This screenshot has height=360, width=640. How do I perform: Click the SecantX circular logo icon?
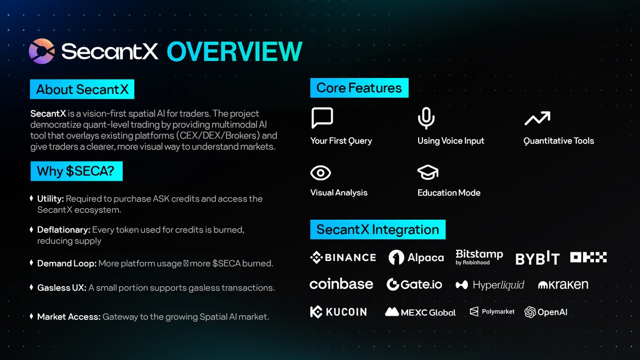pyautogui.click(x=42, y=52)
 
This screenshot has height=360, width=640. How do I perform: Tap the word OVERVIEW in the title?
pyautogui.click(x=235, y=52)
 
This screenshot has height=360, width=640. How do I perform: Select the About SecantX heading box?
pyautogui.click(x=82, y=89)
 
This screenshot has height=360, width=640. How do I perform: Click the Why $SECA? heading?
pyautogui.click(x=76, y=171)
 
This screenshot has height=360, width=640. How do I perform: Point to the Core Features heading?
pyautogui.click(x=359, y=88)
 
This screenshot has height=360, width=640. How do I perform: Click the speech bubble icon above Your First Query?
pyautogui.click(x=322, y=118)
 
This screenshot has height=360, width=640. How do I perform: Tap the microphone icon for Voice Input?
pyautogui.click(x=425, y=118)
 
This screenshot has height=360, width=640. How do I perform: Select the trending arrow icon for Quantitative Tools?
pyautogui.click(x=537, y=118)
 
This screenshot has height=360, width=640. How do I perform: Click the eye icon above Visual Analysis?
pyautogui.click(x=321, y=172)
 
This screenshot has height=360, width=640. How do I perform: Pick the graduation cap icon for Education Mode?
pyautogui.click(x=427, y=172)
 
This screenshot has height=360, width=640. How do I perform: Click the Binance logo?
pyautogui.click(x=343, y=258)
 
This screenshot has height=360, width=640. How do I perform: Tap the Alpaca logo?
pyautogui.click(x=417, y=258)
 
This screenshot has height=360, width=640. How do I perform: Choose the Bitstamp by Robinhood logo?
pyautogui.click(x=479, y=257)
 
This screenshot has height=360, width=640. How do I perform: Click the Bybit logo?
pyautogui.click(x=537, y=259)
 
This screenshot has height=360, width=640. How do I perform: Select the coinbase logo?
pyautogui.click(x=341, y=284)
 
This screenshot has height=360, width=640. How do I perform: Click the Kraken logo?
pyautogui.click(x=563, y=285)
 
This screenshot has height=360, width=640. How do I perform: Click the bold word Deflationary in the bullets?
pyautogui.click(x=63, y=230)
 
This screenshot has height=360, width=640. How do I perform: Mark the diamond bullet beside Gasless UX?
pyautogui.click(x=31, y=287)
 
